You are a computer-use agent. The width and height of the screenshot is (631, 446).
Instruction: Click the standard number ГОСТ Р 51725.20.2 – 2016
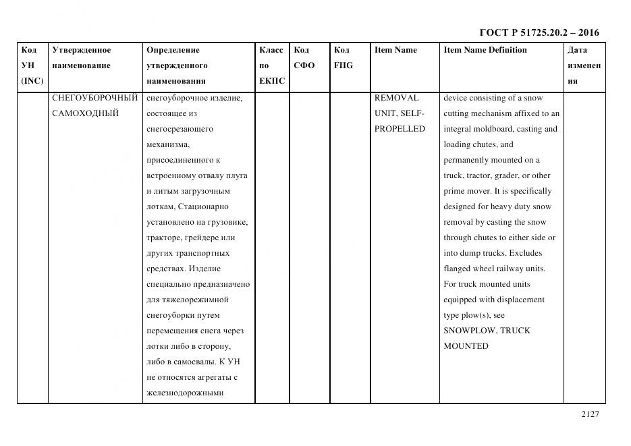click(539, 32)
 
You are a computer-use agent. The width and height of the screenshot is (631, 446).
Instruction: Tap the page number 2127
click(589, 415)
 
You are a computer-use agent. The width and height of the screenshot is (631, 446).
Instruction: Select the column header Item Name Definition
click(485, 50)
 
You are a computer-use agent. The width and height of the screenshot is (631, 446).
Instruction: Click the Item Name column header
click(395, 50)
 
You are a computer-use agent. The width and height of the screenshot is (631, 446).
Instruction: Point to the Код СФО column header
click(304, 58)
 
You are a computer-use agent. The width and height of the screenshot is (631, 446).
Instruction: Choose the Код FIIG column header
click(343, 58)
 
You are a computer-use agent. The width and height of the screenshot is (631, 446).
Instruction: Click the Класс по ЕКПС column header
click(272, 65)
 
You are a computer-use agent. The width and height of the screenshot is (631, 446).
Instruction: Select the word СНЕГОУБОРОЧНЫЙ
click(94, 98)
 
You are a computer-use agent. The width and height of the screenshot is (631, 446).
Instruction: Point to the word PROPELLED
click(400, 129)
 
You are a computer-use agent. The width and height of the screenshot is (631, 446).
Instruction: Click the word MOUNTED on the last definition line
click(466, 346)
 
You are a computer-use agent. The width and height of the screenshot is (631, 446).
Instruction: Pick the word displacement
click(518, 300)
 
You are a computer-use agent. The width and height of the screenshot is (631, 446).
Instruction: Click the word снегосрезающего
click(180, 129)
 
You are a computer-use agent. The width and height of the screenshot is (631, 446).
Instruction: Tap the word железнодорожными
click(184, 393)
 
